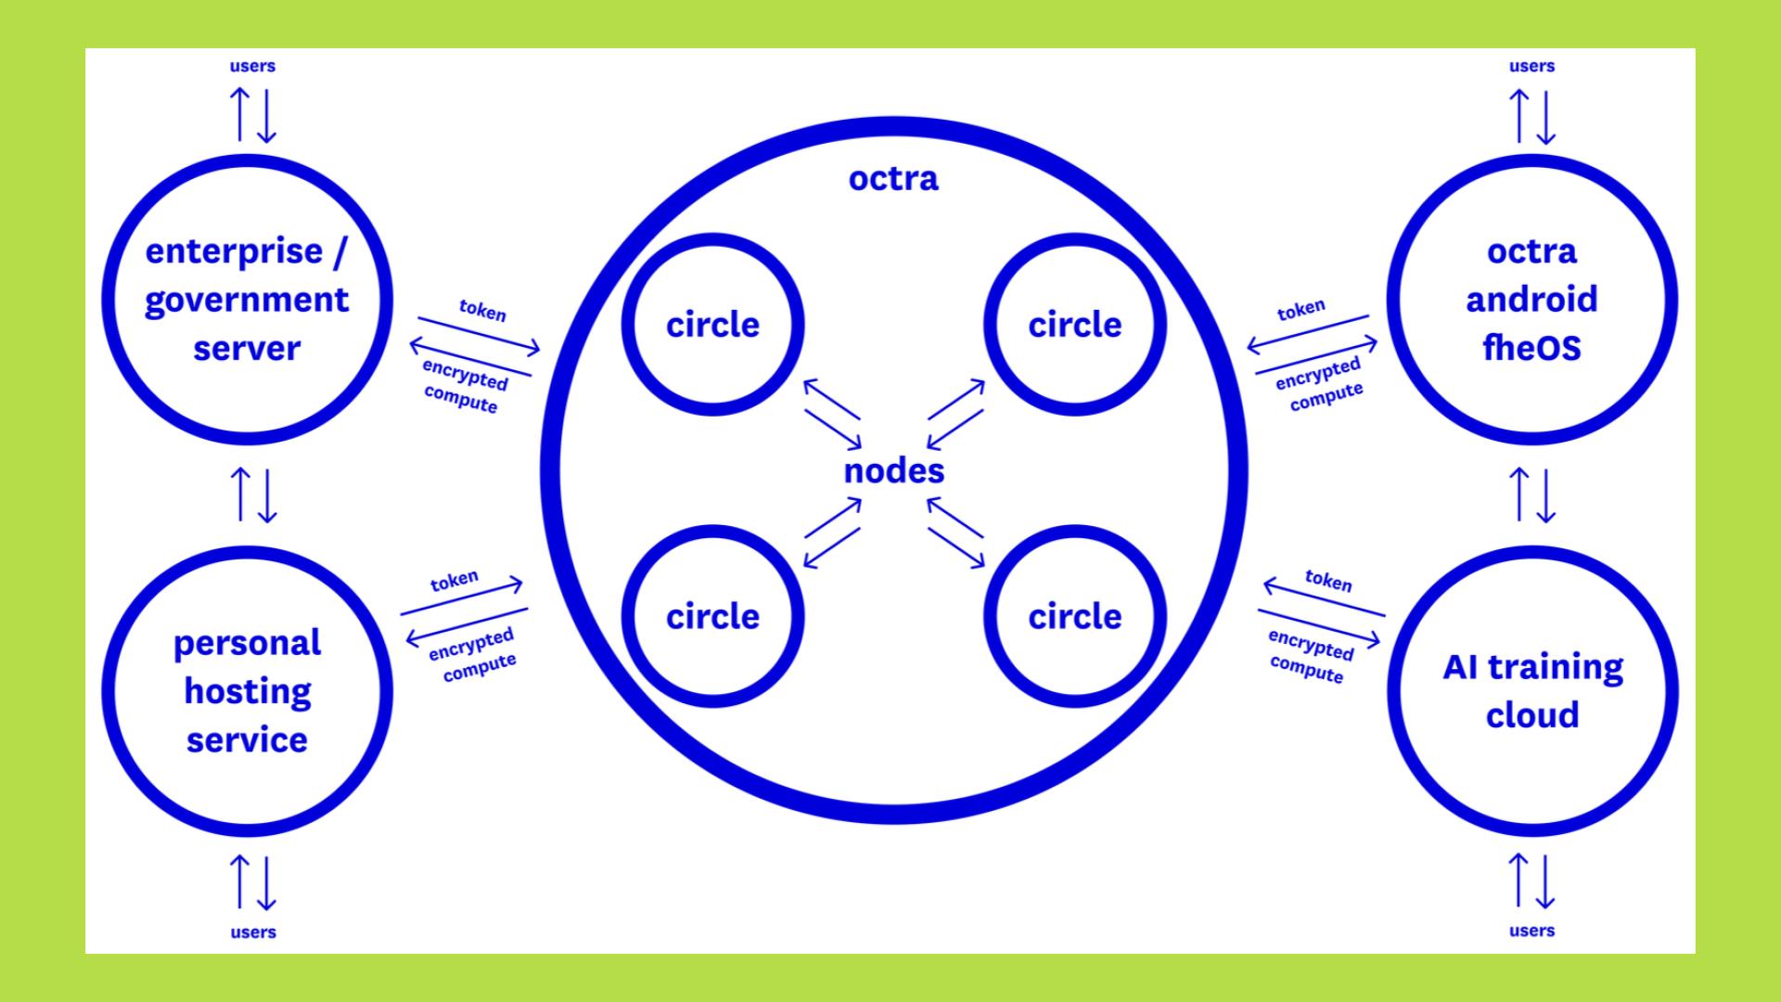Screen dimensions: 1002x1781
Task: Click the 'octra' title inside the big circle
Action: click(893, 178)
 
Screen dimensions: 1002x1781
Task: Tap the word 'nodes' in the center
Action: click(893, 471)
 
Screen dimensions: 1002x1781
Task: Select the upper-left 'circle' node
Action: click(712, 325)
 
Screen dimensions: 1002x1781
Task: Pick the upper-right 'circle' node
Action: click(1074, 325)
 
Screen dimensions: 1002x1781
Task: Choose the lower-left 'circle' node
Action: click(712, 617)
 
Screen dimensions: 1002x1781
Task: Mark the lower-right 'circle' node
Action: click(1074, 617)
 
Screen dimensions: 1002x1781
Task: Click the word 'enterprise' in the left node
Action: click(234, 251)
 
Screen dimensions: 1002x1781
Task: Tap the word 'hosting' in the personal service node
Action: click(247, 692)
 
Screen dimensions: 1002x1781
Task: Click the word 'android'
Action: click(1531, 300)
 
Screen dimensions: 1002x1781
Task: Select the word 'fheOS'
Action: click(1531, 349)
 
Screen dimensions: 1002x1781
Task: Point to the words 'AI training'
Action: click(1532, 667)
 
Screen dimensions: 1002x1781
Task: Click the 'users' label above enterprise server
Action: click(252, 67)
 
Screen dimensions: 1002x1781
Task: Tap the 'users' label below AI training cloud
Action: click(1531, 931)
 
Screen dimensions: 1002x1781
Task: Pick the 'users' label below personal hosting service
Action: click(252, 932)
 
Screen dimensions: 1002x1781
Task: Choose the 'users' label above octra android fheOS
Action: click(1531, 67)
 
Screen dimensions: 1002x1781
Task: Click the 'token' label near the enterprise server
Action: click(482, 311)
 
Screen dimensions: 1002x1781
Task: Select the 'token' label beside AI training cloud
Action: click(1328, 581)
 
